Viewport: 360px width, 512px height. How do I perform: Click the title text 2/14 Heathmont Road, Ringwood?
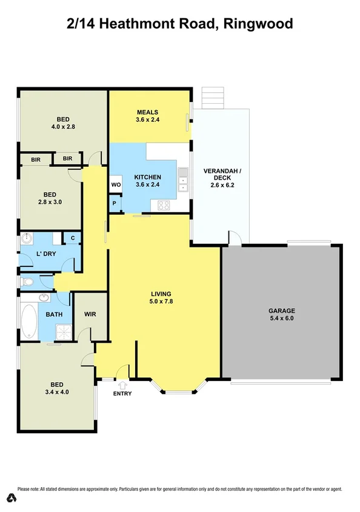[179, 24]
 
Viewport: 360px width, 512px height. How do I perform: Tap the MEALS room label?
[147, 112]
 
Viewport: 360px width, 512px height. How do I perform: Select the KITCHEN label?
[147, 177]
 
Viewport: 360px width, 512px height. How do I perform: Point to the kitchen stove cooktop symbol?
[164, 205]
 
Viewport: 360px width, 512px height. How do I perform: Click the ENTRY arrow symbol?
[122, 384]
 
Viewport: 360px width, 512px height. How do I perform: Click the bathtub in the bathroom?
[28, 322]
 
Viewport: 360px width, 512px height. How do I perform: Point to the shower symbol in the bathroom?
[62, 331]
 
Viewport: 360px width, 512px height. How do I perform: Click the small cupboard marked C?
[72, 239]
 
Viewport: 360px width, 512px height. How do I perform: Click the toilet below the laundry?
[27, 281]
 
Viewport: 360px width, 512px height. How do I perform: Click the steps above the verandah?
[213, 96]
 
